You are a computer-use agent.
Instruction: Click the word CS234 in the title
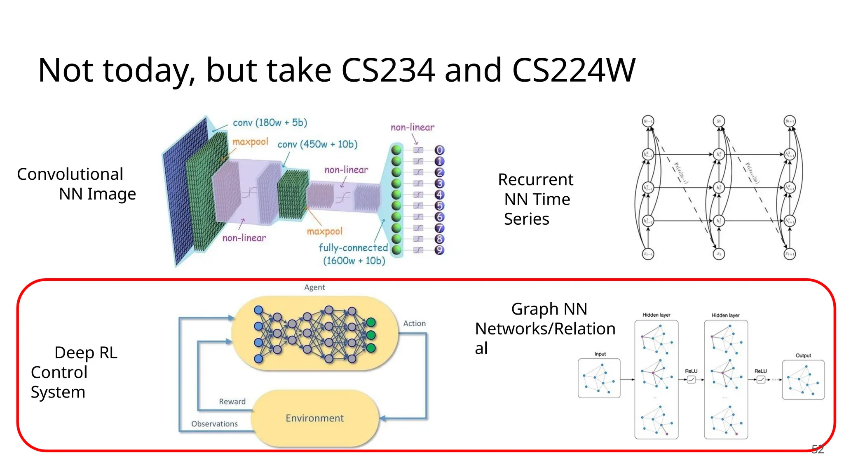pyautogui.click(x=387, y=70)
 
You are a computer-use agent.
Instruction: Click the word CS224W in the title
pyautogui.click(x=574, y=70)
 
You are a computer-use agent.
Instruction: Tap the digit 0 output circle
pyautogui.click(x=440, y=150)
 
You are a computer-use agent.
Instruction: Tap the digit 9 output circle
pyautogui.click(x=440, y=250)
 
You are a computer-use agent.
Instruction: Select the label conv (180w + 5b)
pyautogui.click(x=270, y=122)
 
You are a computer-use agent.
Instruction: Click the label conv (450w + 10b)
pyautogui.click(x=317, y=144)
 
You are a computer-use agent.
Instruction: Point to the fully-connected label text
pyautogui.click(x=353, y=247)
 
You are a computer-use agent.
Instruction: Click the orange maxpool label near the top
pyautogui.click(x=250, y=142)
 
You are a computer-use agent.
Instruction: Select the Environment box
pyautogui.click(x=315, y=418)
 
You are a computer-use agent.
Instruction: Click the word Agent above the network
pyautogui.click(x=314, y=287)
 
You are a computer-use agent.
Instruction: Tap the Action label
pyautogui.click(x=414, y=324)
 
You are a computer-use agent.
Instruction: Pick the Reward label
pyautogui.click(x=232, y=402)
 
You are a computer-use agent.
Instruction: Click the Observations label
pyautogui.click(x=214, y=424)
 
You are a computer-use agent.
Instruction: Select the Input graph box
pyautogui.click(x=599, y=378)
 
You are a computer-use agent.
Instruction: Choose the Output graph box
pyautogui.click(x=803, y=380)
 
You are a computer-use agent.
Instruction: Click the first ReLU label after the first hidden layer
pyautogui.click(x=691, y=371)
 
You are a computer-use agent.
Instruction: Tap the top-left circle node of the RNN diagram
pyautogui.click(x=648, y=121)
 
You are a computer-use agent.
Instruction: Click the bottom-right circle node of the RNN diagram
pyautogui.click(x=790, y=254)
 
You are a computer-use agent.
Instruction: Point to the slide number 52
pyautogui.click(x=818, y=449)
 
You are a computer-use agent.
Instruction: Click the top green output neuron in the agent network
pyautogui.click(x=371, y=322)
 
